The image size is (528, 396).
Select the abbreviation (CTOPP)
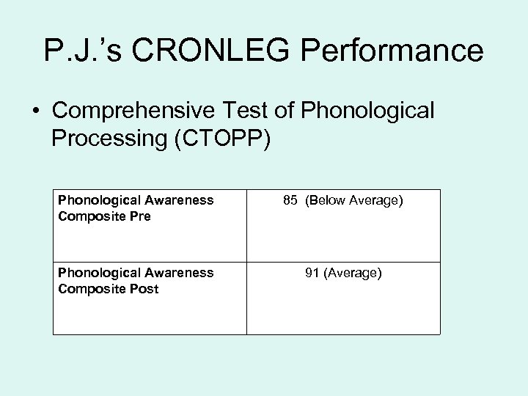pos(222,138)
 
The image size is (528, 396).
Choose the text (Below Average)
pos(354,200)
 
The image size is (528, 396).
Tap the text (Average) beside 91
pos(353,273)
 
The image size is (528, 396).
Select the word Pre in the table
pos(140,216)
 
